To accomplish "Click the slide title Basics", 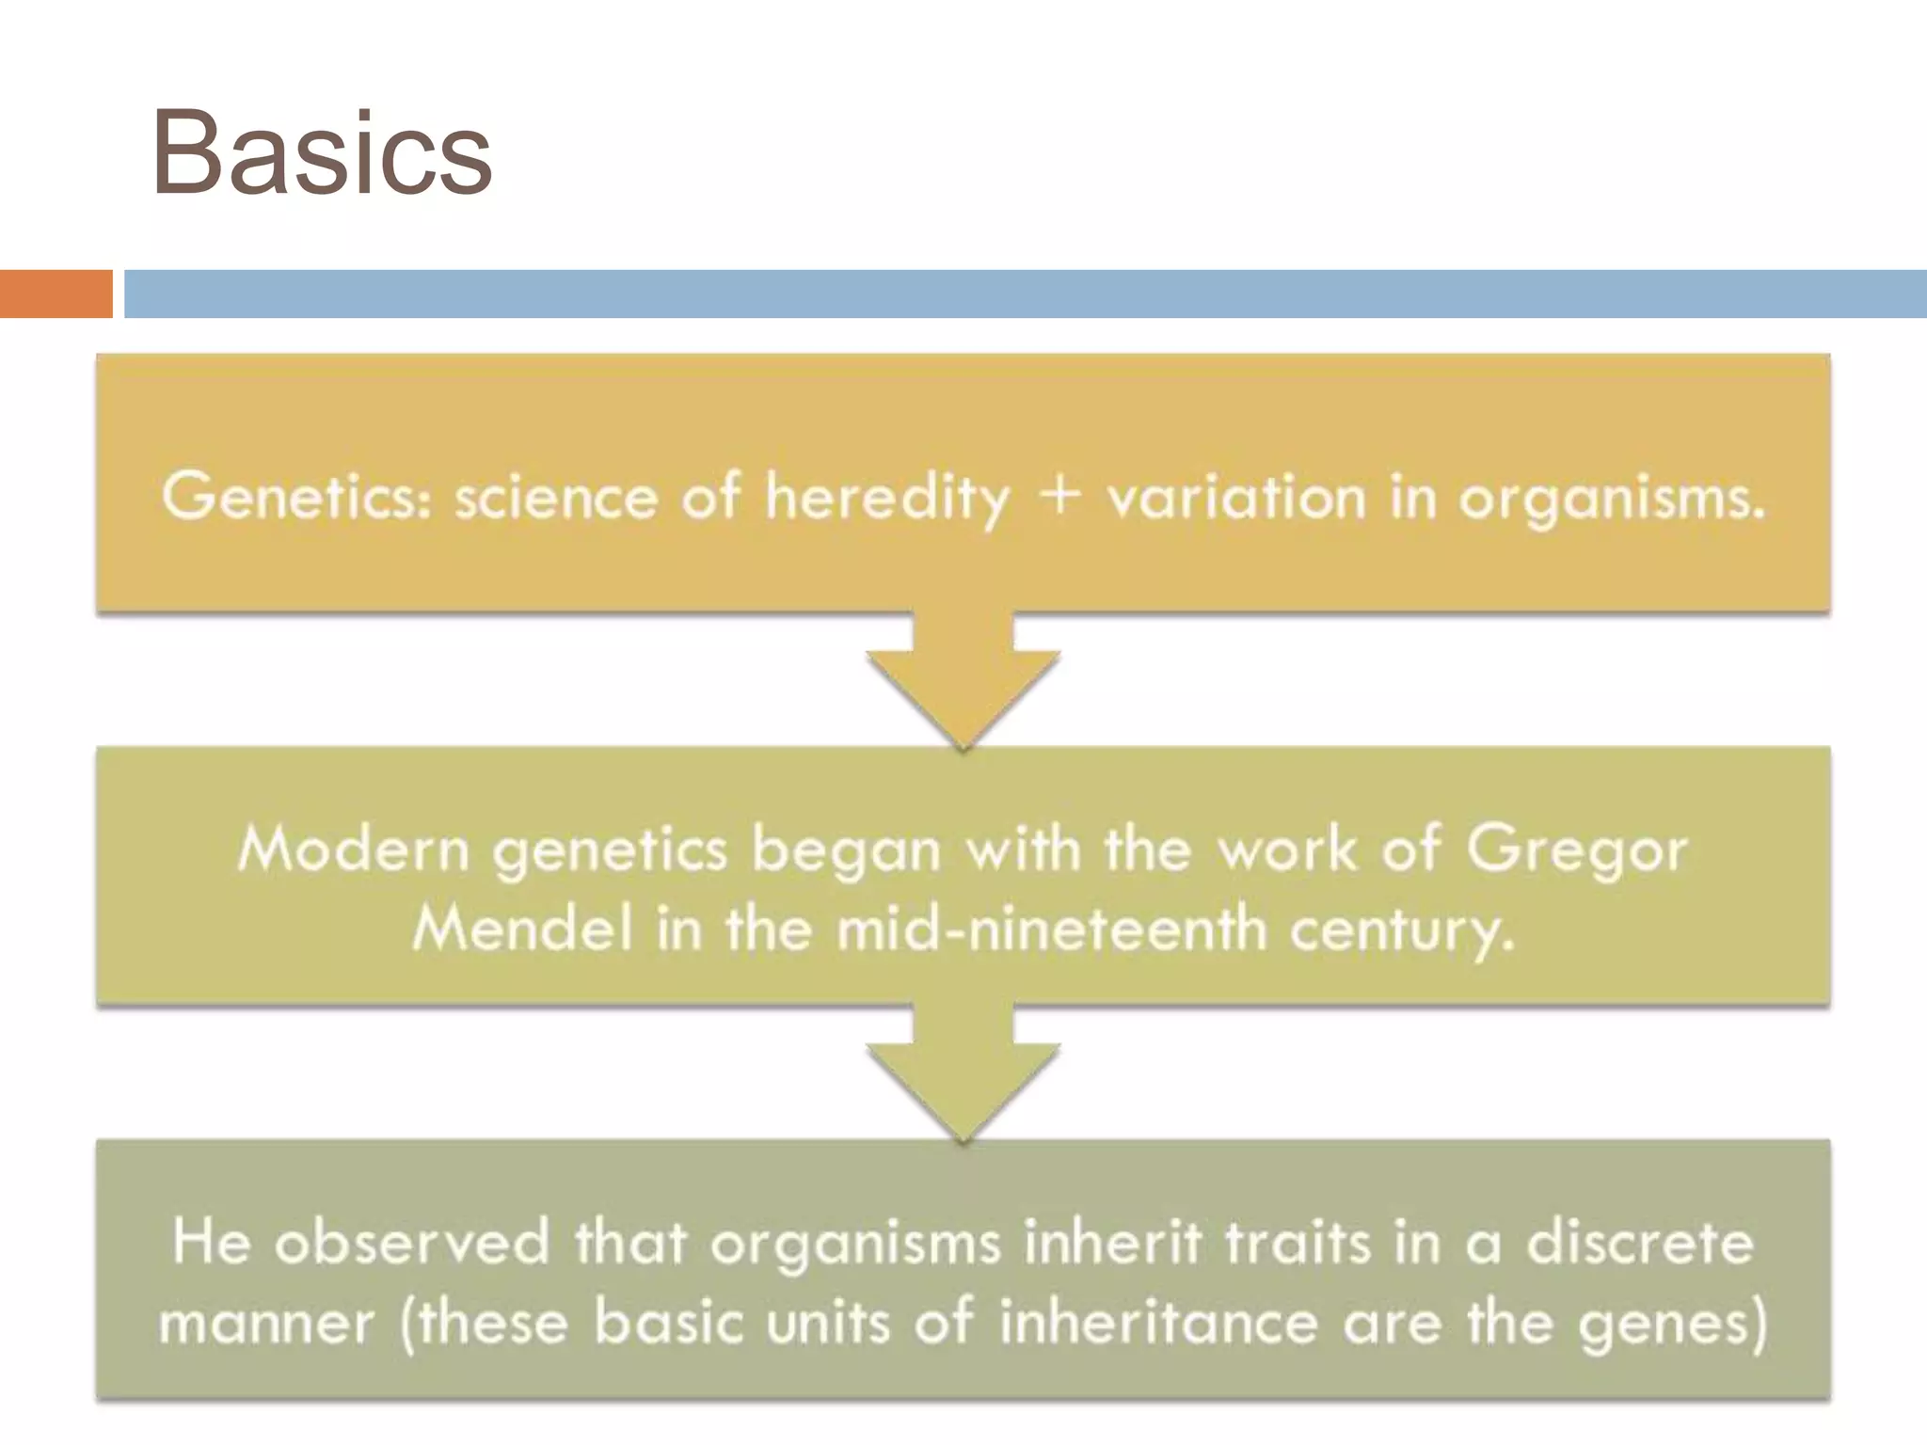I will coord(321,153).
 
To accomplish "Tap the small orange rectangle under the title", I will coord(56,294).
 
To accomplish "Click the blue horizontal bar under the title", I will coord(1024,294).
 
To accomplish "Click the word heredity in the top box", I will coord(886,498).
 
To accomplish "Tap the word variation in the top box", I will coord(1235,496).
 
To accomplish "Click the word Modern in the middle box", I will coord(353,850).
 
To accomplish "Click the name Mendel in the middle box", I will coord(522,929).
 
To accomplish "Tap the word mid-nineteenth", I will coord(1052,929).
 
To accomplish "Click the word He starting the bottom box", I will coord(212,1241).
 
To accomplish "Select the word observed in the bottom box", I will coord(411,1242).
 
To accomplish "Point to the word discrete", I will coord(1639,1242).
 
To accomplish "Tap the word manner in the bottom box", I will coord(266,1322).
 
